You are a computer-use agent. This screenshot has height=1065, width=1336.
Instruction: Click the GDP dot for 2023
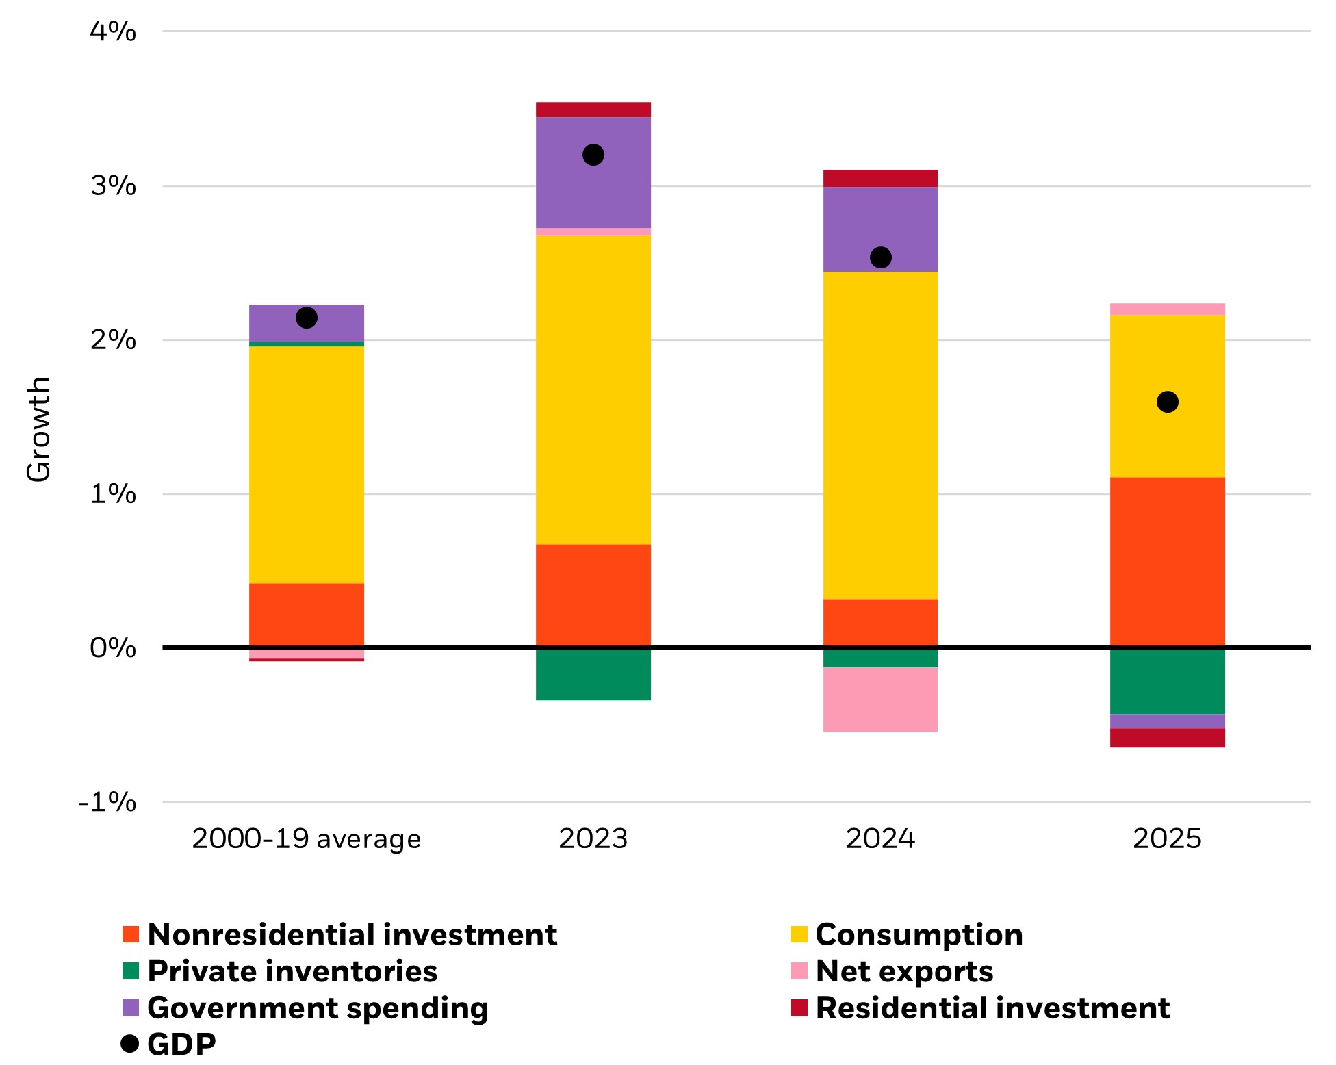click(593, 155)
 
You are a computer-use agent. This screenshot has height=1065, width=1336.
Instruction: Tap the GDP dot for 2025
click(1167, 402)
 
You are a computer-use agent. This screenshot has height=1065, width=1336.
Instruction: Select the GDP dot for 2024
click(880, 257)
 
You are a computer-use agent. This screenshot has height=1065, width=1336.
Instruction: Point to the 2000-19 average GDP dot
click(306, 318)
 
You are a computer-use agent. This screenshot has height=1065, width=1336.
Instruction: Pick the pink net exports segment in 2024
click(880, 700)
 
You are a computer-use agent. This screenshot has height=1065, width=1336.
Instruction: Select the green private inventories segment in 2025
click(1167, 682)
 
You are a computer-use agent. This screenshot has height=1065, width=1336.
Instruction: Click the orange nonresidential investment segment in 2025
click(1167, 562)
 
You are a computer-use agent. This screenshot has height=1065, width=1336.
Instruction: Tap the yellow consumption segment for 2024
click(880, 435)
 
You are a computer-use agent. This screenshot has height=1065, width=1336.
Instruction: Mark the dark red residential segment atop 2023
click(593, 110)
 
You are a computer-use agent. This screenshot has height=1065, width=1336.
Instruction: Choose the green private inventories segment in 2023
click(593, 674)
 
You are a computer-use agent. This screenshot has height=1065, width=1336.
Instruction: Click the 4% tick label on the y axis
click(113, 31)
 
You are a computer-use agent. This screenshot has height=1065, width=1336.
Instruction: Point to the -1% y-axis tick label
click(107, 802)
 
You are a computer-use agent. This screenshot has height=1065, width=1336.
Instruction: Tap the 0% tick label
click(113, 647)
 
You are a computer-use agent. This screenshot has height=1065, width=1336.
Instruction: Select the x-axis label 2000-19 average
click(306, 839)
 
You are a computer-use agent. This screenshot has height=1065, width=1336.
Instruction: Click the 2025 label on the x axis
click(1167, 839)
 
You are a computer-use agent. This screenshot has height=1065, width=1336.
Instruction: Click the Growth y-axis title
click(39, 429)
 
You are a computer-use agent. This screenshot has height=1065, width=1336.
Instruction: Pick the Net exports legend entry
click(903, 971)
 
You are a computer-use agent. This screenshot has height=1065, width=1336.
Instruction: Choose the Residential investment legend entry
click(992, 1008)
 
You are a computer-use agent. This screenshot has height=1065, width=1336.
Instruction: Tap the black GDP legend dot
click(129, 1044)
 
